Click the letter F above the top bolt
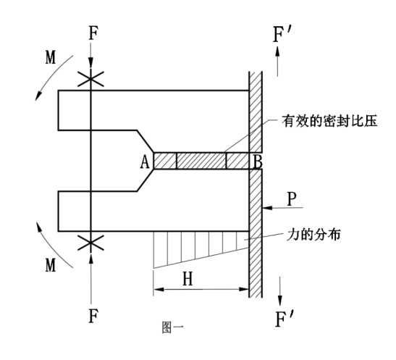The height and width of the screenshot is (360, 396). click(x=93, y=34)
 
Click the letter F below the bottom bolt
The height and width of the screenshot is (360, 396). click(x=93, y=317)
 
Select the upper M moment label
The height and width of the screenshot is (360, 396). click(x=51, y=58)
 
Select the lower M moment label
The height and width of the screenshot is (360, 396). click(x=51, y=266)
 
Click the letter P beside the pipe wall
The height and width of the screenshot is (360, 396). click(x=292, y=198)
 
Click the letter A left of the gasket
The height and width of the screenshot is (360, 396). click(x=145, y=162)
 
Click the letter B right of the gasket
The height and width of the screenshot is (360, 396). click(x=257, y=162)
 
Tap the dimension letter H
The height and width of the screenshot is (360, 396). click(x=188, y=279)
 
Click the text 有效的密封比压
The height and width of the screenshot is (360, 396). click(x=329, y=121)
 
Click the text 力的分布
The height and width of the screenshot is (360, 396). click(x=313, y=235)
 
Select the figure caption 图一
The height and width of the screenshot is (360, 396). click(x=173, y=327)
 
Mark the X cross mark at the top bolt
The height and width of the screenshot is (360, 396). click(x=90, y=79)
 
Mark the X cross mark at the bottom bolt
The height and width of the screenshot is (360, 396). click(x=90, y=243)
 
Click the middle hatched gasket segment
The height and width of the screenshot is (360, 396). click(x=201, y=161)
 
